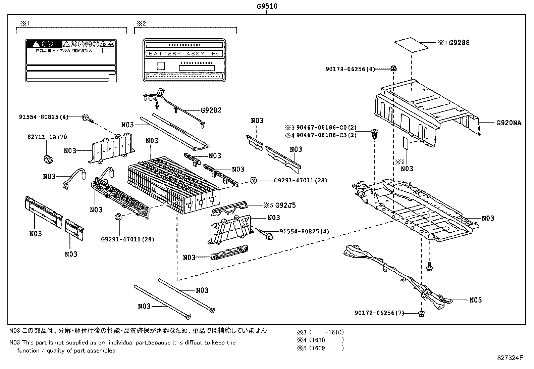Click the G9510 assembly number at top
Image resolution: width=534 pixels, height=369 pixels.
[267, 6]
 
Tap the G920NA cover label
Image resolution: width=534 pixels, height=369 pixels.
[509, 123]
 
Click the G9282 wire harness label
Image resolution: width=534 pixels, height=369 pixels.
[211, 110]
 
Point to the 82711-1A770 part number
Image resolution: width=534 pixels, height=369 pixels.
[47, 137]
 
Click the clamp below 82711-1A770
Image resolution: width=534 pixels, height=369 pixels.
[48, 159]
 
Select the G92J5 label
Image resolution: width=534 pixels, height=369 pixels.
[285, 205]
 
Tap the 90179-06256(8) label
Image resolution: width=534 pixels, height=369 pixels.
[350, 69]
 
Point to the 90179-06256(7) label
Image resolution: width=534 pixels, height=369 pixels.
[379, 313]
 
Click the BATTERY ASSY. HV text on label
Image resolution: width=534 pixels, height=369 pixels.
[183, 54]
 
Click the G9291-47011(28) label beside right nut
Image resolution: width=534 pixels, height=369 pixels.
[300, 181]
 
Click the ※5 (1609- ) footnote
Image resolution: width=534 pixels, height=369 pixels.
[320, 348]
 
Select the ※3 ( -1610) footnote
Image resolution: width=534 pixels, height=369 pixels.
[320, 332]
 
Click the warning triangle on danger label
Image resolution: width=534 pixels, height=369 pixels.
[36, 44]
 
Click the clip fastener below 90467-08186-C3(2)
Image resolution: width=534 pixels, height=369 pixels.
[374, 135]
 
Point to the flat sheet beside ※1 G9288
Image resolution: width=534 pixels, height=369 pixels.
[412, 45]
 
